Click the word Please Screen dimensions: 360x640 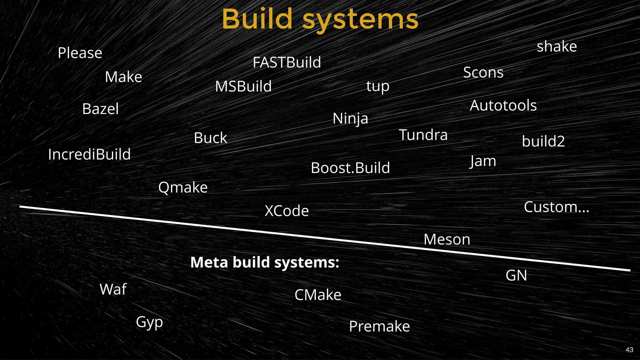[x=80, y=53]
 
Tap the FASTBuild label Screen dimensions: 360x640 [x=287, y=62]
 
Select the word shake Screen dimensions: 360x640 [x=557, y=47]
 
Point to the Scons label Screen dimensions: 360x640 [x=483, y=72]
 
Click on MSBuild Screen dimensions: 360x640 [x=243, y=86]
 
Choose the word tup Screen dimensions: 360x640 [x=378, y=86]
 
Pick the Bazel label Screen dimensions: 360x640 [x=100, y=109]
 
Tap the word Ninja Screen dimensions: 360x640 [x=350, y=118]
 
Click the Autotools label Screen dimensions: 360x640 [x=503, y=105]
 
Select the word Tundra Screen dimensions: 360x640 [x=423, y=135]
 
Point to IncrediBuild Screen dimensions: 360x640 [x=89, y=154]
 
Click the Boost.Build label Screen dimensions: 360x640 [x=350, y=168]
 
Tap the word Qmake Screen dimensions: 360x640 [x=183, y=187]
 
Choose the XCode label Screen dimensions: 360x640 [x=287, y=211]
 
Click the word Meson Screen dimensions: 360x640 [x=447, y=239]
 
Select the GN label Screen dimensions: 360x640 [x=516, y=275]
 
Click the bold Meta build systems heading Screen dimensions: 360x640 [x=265, y=262]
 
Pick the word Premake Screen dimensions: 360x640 [x=379, y=326]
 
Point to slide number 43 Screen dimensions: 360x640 [x=629, y=350]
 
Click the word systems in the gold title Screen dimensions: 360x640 [x=360, y=19]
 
